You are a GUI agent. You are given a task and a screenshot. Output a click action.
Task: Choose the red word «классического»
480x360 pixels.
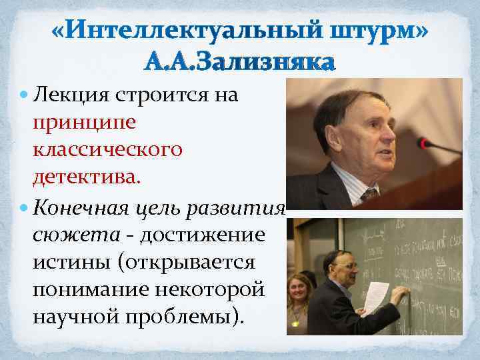point(106,150)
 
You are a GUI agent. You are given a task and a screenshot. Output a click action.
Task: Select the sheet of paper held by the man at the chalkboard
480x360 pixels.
point(376,297)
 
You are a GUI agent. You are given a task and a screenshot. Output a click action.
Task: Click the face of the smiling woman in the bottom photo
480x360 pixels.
point(297,289)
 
